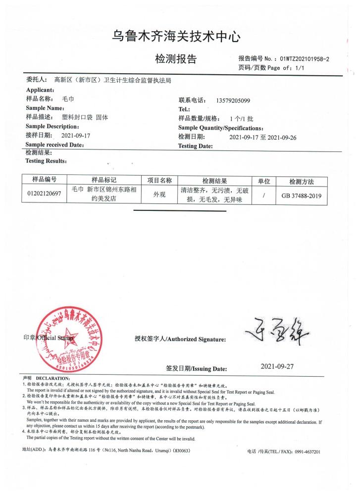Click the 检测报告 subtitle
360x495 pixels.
tap(176, 59)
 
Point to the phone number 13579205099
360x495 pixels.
tap(233, 100)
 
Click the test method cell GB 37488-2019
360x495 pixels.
tap(301, 196)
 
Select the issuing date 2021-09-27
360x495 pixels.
tap(277, 367)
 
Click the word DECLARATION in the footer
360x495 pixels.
tap(52, 379)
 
